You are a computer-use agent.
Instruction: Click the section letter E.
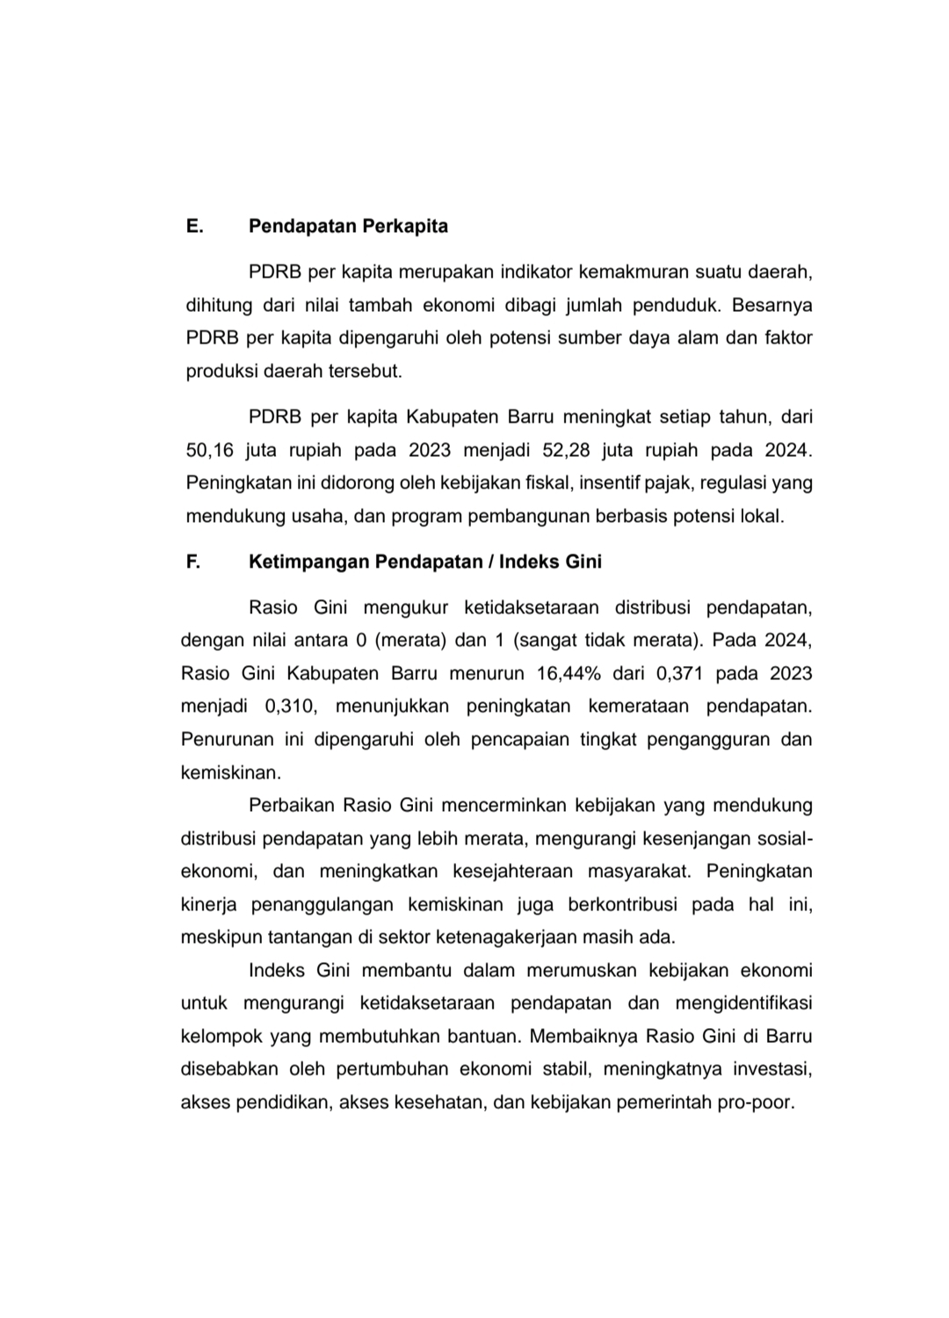click(x=194, y=226)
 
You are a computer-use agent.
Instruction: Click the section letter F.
click(x=193, y=561)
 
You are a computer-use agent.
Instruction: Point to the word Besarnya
click(x=772, y=305)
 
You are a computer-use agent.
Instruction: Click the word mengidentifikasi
click(x=743, y=1003)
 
